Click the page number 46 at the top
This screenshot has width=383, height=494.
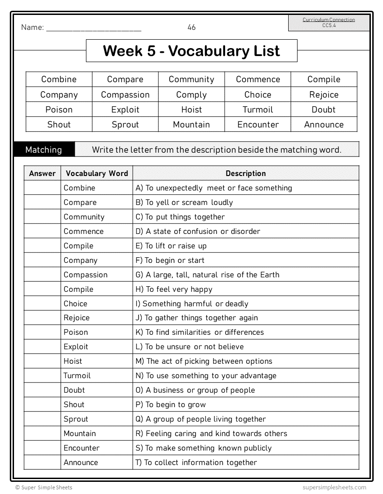click(191, 28)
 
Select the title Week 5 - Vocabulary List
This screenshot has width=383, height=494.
click(191, 51)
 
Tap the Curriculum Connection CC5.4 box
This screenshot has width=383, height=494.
click(328, 22)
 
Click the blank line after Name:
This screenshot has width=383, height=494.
click(94, 28)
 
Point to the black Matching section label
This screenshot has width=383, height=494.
click(43, 150)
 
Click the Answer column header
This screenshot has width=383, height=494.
click(43, 174)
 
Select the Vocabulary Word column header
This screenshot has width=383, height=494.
click(97, 174)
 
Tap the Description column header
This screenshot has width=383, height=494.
click(246, 174)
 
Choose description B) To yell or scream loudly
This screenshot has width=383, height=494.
click(184, 203)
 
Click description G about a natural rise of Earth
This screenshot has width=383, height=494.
click(207, 275)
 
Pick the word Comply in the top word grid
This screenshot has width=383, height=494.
click(191, 95)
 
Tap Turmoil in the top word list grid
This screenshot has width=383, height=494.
click(258, 110)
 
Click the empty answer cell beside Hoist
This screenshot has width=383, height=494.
click(43, 361)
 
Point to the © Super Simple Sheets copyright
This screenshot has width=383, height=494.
click(44, 487)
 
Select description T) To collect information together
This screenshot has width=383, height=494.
click(196, 463)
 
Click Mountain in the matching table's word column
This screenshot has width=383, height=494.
click(80, 434)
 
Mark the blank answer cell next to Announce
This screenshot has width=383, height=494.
click(43, 463)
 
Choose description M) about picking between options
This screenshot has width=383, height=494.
click(204, 361)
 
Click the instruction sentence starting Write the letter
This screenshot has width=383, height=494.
click(217, 150)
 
